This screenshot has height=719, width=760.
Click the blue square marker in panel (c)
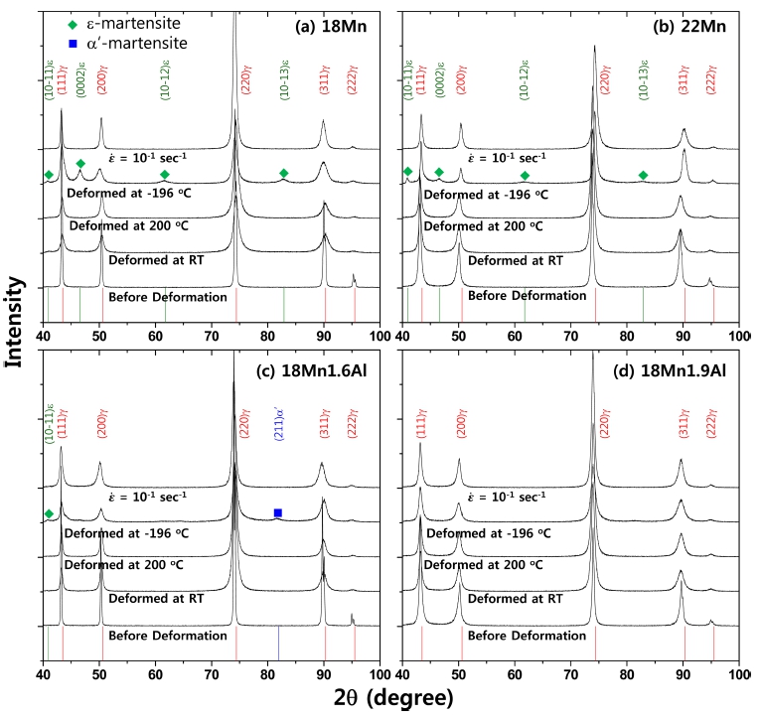(278, 512)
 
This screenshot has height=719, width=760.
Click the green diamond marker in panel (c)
(49, 513)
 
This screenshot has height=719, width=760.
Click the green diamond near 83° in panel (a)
(284, 174)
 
